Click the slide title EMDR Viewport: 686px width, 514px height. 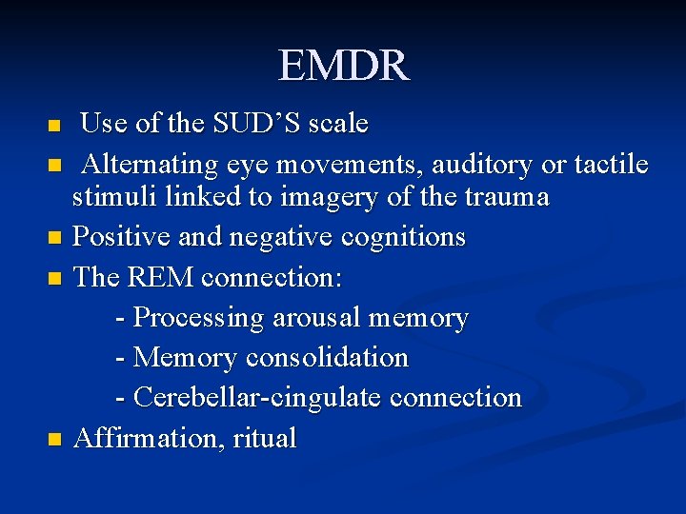tap(343, 66)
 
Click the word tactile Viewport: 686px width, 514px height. tap(611, 165)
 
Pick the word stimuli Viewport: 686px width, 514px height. tap(109, 197)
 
